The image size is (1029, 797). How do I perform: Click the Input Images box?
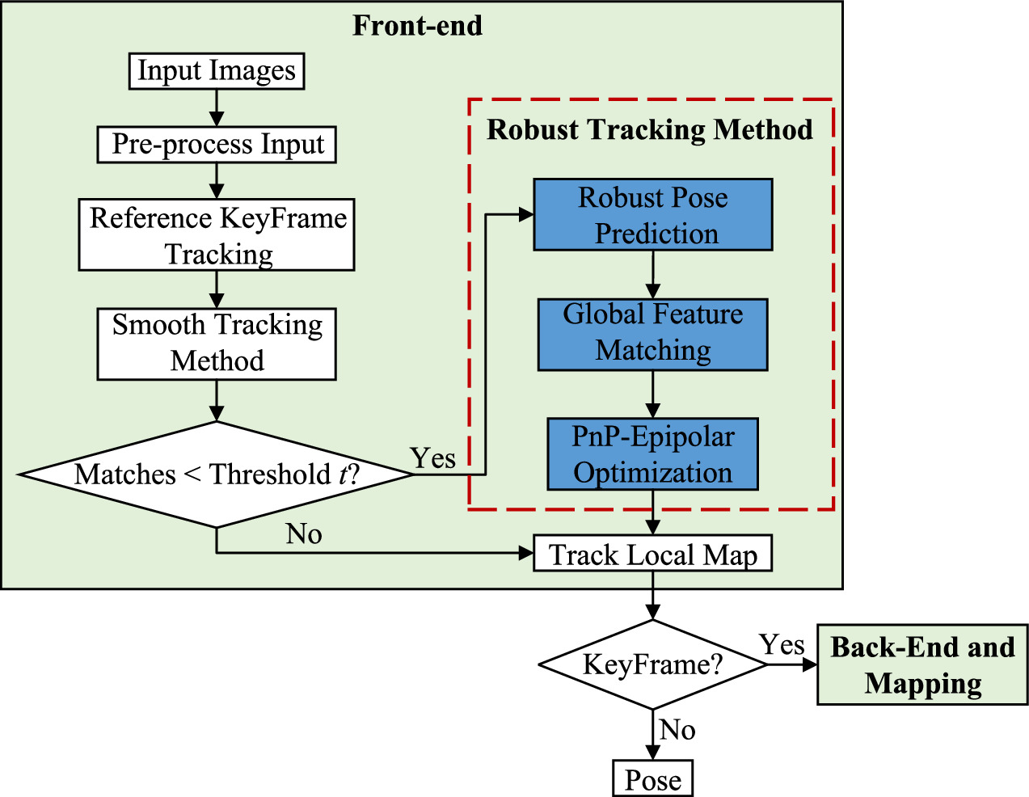217,71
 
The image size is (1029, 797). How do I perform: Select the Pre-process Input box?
217,145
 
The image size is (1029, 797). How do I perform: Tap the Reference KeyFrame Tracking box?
217,235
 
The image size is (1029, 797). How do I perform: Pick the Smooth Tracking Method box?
217,344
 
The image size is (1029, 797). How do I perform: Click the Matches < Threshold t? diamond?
217,474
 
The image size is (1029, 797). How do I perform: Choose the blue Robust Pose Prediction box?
652,215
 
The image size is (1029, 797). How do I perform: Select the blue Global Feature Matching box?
652,334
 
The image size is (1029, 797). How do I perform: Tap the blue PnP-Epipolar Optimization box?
652,453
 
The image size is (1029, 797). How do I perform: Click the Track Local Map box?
652,554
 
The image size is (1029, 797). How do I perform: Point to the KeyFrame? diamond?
652,664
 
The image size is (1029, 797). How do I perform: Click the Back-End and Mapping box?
922,664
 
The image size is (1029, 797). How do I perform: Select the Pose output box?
652,779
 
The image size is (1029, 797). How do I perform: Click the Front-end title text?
417,25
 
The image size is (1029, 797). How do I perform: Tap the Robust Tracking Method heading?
649,129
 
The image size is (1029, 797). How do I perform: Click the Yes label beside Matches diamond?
432,458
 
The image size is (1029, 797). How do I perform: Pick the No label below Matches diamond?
303,533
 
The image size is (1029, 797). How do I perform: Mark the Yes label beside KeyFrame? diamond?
782,644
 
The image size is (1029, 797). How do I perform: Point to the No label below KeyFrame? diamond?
677,730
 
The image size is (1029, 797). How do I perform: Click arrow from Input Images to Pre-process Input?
217,108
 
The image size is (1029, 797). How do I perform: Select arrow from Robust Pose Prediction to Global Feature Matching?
652,275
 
